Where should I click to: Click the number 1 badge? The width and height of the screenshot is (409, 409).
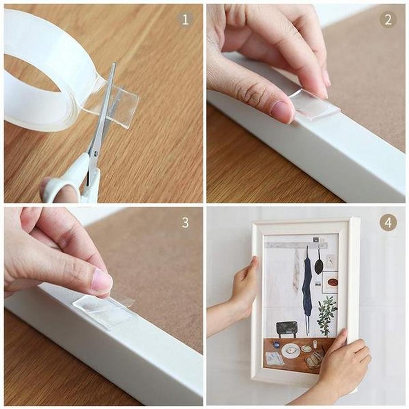185,19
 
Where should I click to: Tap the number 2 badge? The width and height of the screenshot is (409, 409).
388,19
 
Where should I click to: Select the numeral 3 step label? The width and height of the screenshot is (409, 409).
185,222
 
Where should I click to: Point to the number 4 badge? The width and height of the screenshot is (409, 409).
388,222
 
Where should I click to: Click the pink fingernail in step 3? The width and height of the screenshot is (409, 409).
102,281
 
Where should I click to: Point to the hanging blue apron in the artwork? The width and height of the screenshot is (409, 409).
307,289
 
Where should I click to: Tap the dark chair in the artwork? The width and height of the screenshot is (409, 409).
286,329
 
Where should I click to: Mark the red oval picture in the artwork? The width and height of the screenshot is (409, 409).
332,282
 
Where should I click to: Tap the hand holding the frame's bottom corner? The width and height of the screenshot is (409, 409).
345,365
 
